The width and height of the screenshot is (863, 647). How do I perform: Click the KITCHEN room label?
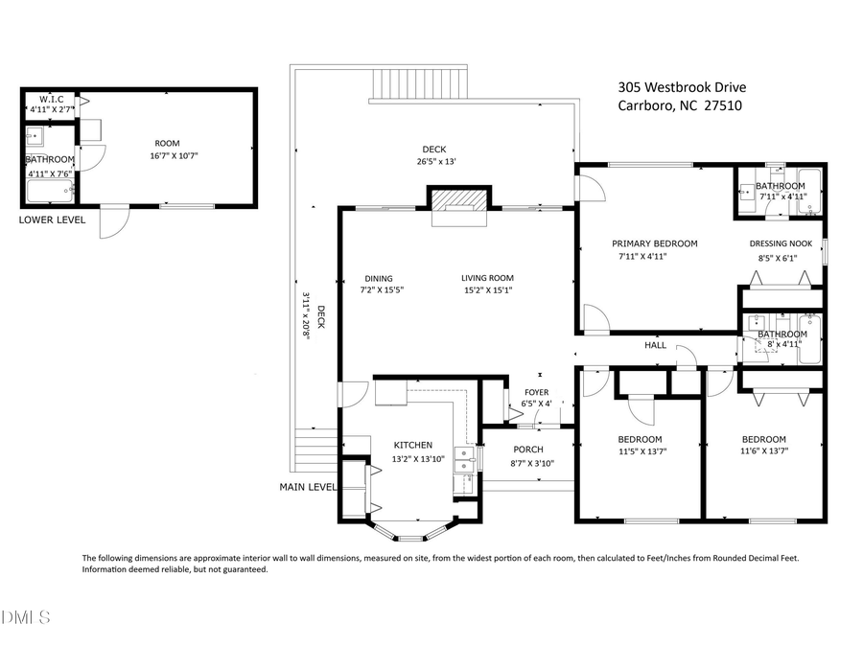coord(413,445)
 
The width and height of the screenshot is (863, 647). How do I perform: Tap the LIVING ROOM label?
coord(487,278)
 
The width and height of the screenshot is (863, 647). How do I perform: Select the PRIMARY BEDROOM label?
coord(655,243)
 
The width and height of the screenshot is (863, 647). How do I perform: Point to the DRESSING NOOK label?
coord(781,243)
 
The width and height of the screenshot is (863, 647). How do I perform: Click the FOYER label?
coord(536,392)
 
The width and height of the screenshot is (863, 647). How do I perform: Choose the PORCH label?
coord(528,450)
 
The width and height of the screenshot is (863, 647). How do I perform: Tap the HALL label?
coord(655,345)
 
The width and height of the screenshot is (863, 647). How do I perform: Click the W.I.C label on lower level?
coord(51,99)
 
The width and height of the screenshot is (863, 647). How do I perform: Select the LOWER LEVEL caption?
coord(52,220)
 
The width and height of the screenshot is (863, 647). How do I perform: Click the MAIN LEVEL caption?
coord(308,487)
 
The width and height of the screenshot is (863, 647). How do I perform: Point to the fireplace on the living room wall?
coord(459,205)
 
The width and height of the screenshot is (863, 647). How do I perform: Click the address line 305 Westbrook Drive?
coord(682,87)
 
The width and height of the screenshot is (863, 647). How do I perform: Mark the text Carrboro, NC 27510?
coord(680,106)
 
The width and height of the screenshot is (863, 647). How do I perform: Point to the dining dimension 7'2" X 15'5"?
coord(383,289)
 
